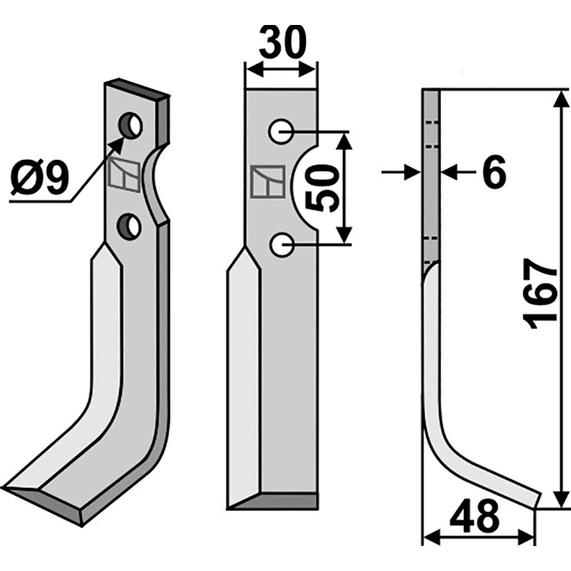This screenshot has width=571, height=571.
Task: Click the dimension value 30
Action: point(283,42)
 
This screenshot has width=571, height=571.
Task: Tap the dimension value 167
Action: point(540,294)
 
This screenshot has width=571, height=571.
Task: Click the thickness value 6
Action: point(494,171)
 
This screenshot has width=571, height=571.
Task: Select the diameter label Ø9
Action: point(39,178)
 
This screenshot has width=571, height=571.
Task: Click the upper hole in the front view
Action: point(281,131)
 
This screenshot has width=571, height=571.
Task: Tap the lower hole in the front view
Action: point(281,245)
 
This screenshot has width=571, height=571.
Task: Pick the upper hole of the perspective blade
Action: point(131,125)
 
